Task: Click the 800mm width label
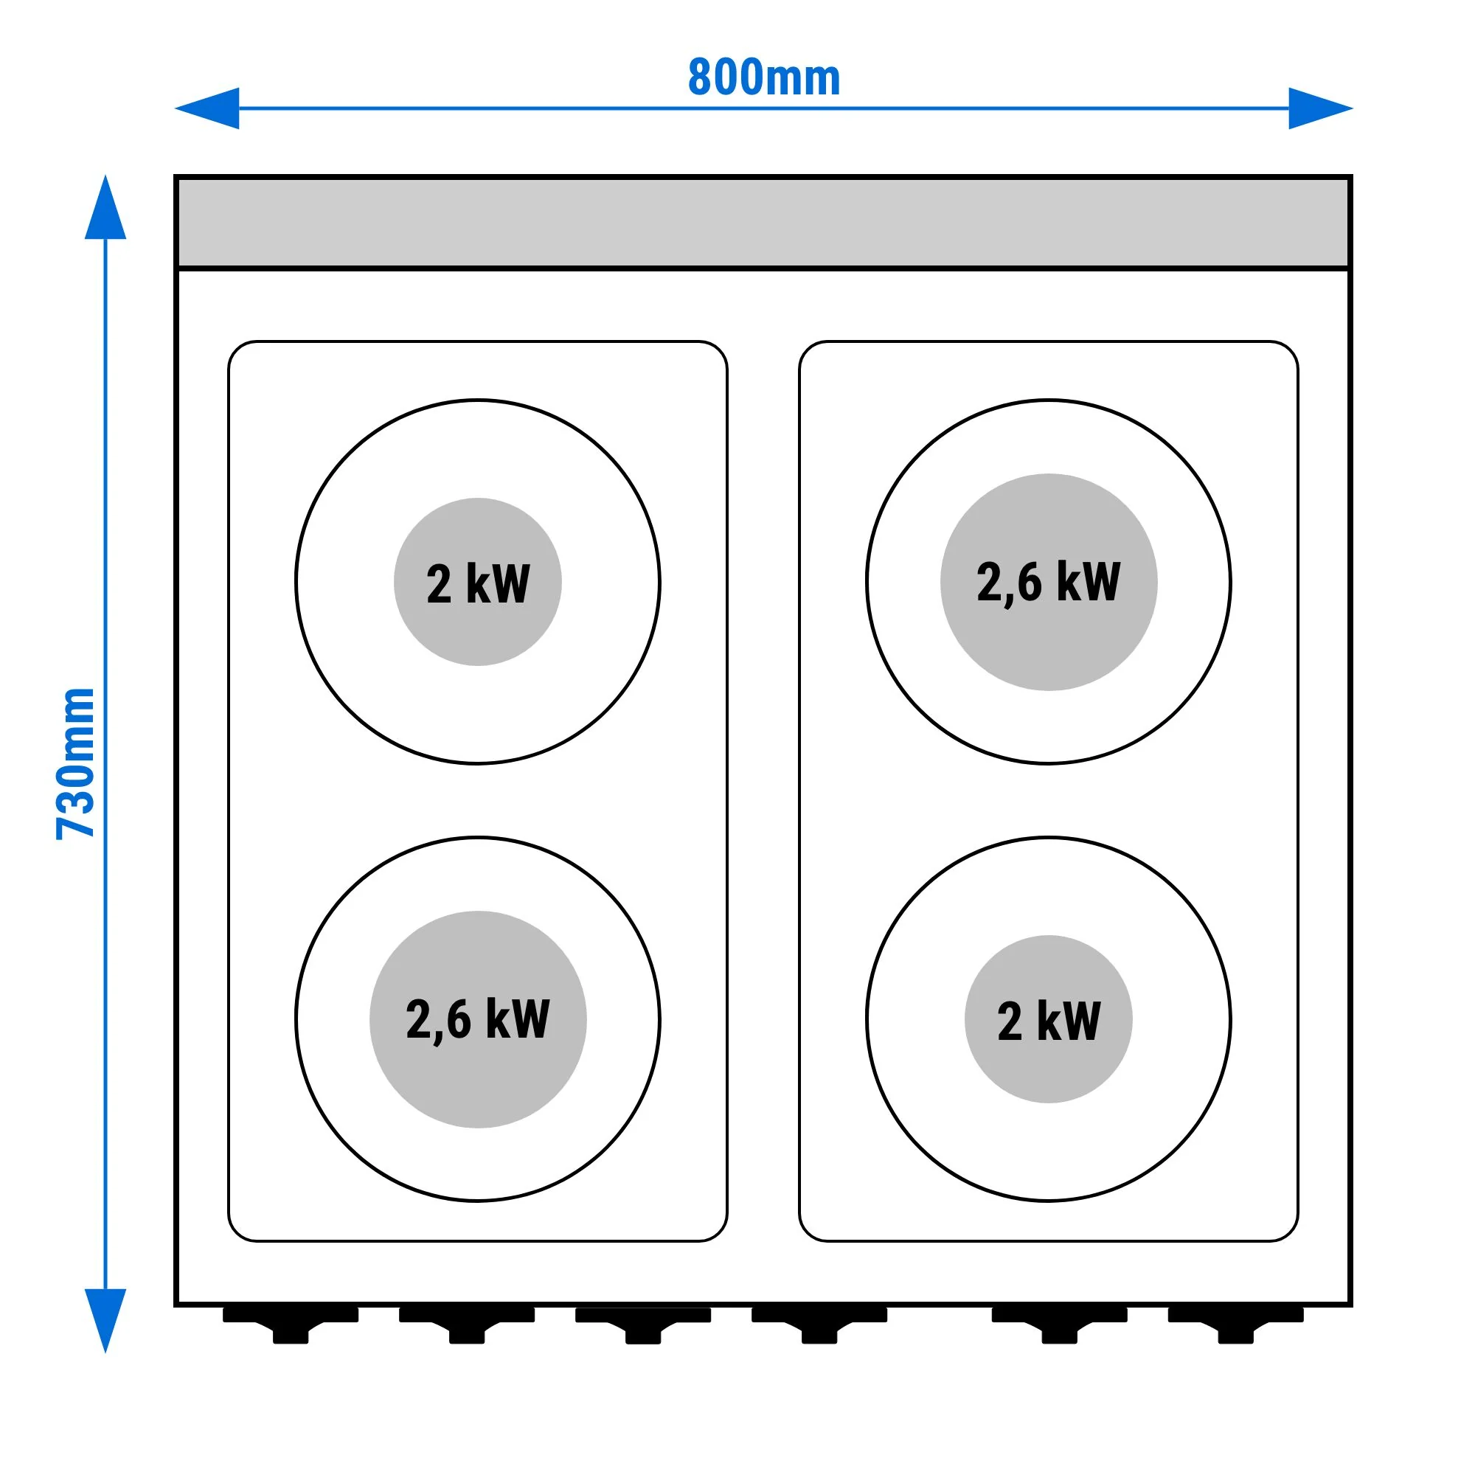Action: [x=763, y=77]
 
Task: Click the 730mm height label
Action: [x=75, y=763]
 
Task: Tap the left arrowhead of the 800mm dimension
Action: [x=208, y=108]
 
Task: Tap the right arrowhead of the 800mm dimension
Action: [x=1321, y=108]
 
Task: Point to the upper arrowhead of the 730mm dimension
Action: [x=105, y=208]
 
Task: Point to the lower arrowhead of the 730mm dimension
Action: [x=105, y=1322]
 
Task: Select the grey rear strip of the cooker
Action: [x=763, y=222]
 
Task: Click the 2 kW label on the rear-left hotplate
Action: [x=478, y=584]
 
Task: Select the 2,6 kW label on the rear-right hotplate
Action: [x=1049, y=583]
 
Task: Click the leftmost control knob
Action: [x=291, y=1325]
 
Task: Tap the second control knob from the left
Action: [x=468, y=1325]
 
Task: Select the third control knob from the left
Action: [x=644, y=1325]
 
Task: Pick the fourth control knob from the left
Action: [x=820, y=1325]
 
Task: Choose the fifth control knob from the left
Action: [x=1060, y=1325]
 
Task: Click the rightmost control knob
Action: [x=1236, y=1325]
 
